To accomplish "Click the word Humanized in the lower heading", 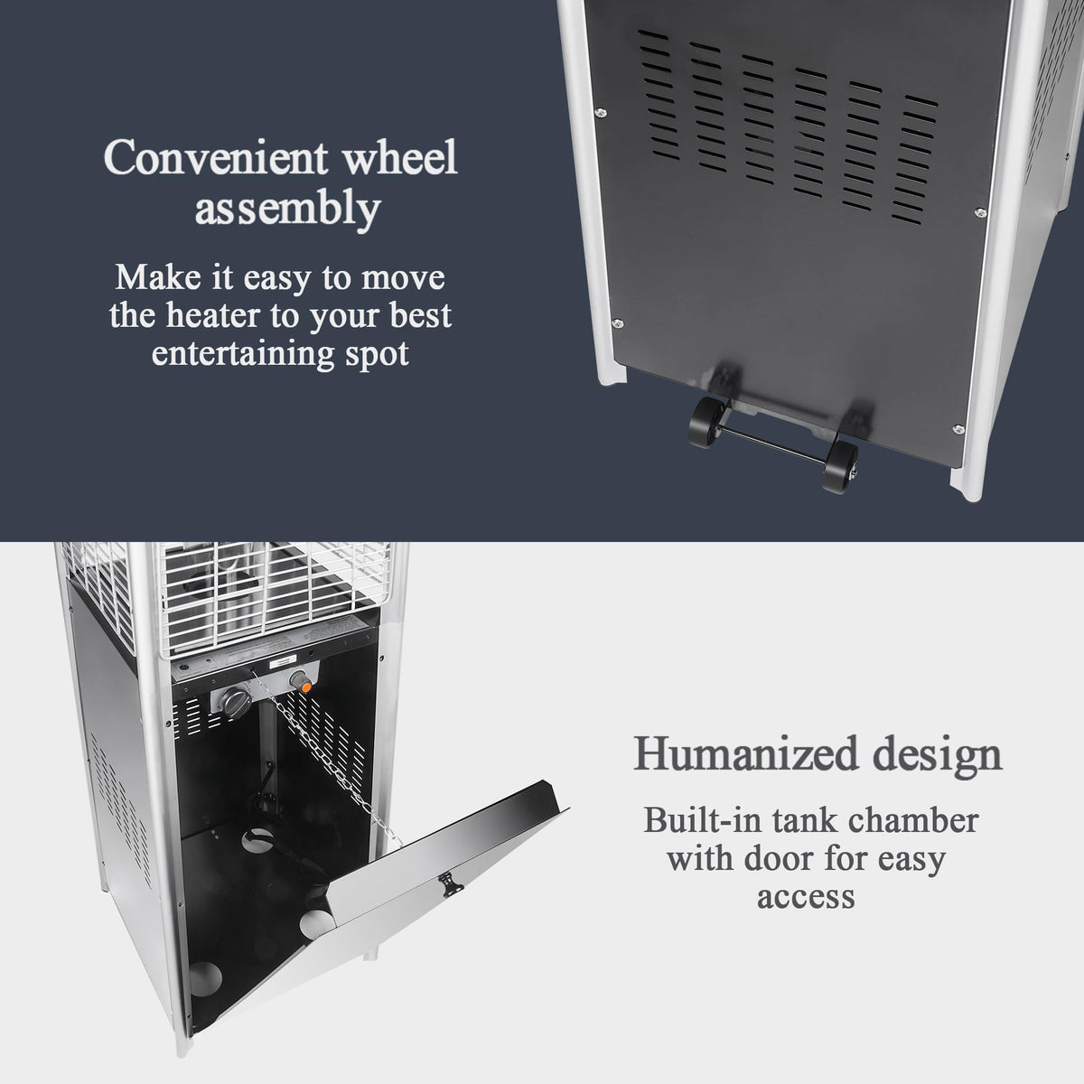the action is [x=746, y=753].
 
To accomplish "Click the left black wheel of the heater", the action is [x=706, y=423].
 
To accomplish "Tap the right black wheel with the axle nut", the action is [x=840, y=466].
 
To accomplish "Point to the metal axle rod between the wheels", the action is [x=774, y=444].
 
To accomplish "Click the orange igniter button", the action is [x=305, y=687].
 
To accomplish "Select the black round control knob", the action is [x=235, y=700].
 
